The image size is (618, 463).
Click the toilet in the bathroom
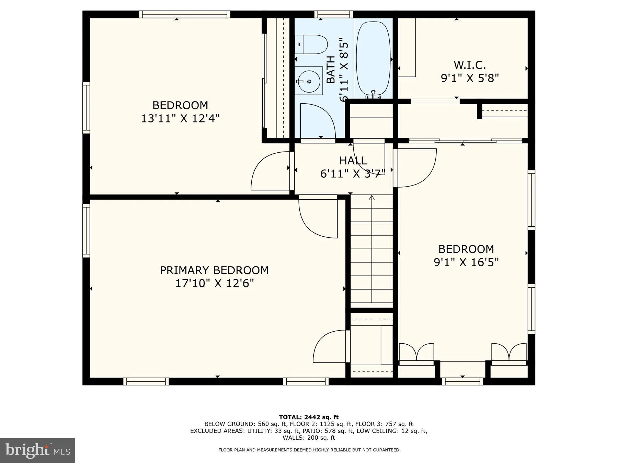click(311, 45)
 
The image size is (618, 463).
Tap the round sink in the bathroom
click(309, 81)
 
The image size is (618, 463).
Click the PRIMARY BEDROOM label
click(214, 270)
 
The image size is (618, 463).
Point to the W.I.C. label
click(470, 65)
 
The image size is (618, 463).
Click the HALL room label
click(353, 161)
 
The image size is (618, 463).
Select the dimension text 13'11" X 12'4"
click(180, 119)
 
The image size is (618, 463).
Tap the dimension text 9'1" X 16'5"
click(466, 262)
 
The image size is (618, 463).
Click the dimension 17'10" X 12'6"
click(214, 284)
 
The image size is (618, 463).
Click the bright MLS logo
click(37, 450)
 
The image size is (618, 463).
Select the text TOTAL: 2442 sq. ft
click(309, 417)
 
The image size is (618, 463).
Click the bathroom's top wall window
click(333, 14)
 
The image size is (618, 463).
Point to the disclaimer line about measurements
click(309, 450)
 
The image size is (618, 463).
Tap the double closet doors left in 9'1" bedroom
click(416, 352)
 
